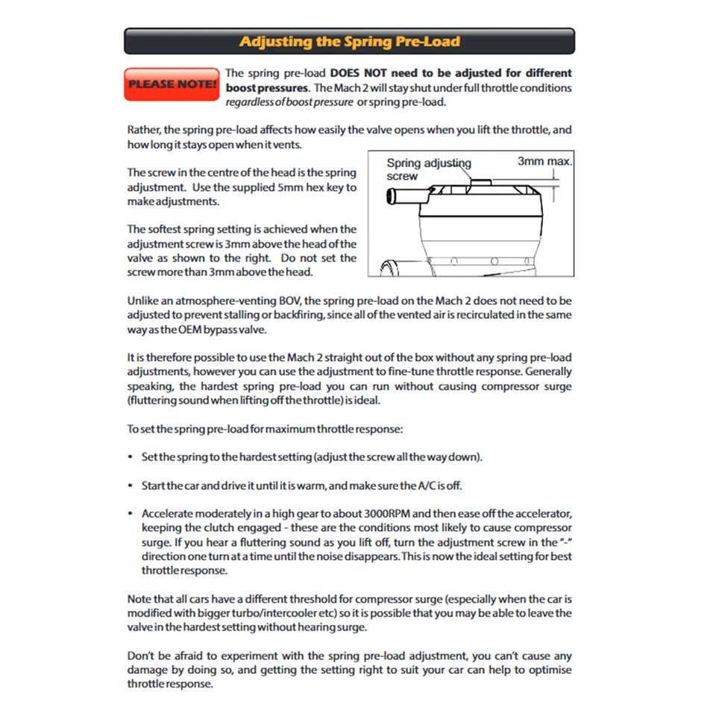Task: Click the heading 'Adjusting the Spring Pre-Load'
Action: pyautogui.click(x=349, y=42)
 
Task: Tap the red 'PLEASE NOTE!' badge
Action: pyautogui.click(x=172, y=84)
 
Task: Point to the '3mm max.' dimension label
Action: pyautogui.click(x=544, y=161)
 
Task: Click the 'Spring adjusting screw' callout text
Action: pyautogui.click(x=427, y=169)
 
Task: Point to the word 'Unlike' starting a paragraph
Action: pyautogui.click(x=143, y=301)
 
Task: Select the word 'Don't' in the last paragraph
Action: pyautogui.click(x=141, y=656)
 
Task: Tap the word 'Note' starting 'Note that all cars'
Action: pyautogui.click(x=139, y=599)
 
